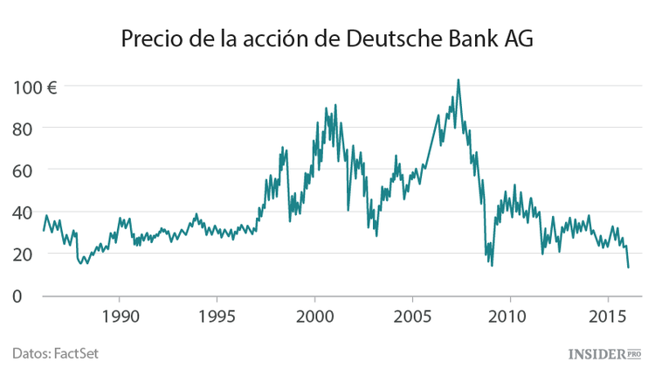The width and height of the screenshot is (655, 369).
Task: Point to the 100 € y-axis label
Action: coord(35,87)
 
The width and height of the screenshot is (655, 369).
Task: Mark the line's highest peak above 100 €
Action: coord(458,80)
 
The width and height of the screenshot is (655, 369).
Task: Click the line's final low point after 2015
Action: coord(628,267)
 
